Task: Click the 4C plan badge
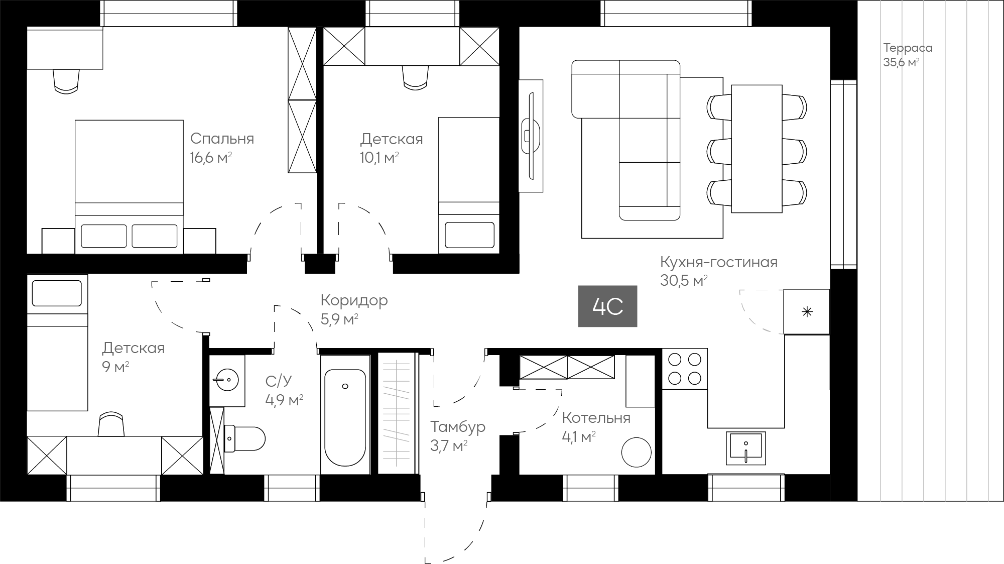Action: tap(607, 306)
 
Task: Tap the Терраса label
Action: tap(908, 48)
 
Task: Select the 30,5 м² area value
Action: tap(684, 281)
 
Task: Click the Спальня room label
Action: tap(222, 139)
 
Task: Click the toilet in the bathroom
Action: tap(244, 438)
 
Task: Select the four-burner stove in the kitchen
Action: tap(685, 368)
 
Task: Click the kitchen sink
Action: tap(745, 447)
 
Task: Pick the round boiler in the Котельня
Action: tap(637, 452)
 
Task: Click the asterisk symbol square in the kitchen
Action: tap(807, 312)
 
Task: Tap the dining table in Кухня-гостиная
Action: tap(757, 149)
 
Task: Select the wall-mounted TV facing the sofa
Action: tap(531, 136)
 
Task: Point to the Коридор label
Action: tap(354, 300)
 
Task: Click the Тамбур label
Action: tap(458, 427)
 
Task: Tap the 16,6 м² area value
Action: tap(211, 158)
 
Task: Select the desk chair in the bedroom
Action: tap(66, 81)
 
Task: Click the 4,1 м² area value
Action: tap(579, 437)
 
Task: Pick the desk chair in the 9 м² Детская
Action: tap(111, 424)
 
